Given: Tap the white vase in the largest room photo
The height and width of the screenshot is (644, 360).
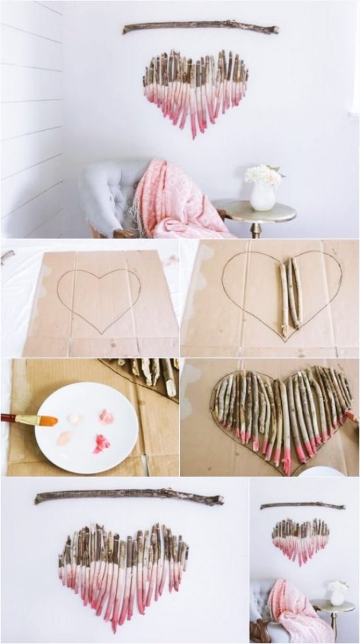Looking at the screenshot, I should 262,197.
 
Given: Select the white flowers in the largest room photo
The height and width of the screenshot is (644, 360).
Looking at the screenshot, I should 264,174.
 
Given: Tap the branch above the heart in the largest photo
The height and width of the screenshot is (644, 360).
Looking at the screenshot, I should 200,27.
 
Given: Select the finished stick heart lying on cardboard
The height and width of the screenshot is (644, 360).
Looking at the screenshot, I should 281,411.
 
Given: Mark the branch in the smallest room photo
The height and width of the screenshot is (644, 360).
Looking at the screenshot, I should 302,505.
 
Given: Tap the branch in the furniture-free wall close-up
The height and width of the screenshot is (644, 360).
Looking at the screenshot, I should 129,496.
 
